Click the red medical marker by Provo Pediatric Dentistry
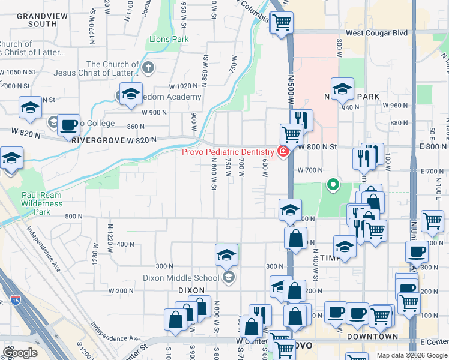(x=281, y=152)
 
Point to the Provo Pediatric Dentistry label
(x=229, y=152)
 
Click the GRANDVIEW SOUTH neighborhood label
(x=34, y=19)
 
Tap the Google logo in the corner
(x=20, y=352)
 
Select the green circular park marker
(x=331, y=185)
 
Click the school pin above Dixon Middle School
(x=226, y=255)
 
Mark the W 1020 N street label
(x=184, y=86)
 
